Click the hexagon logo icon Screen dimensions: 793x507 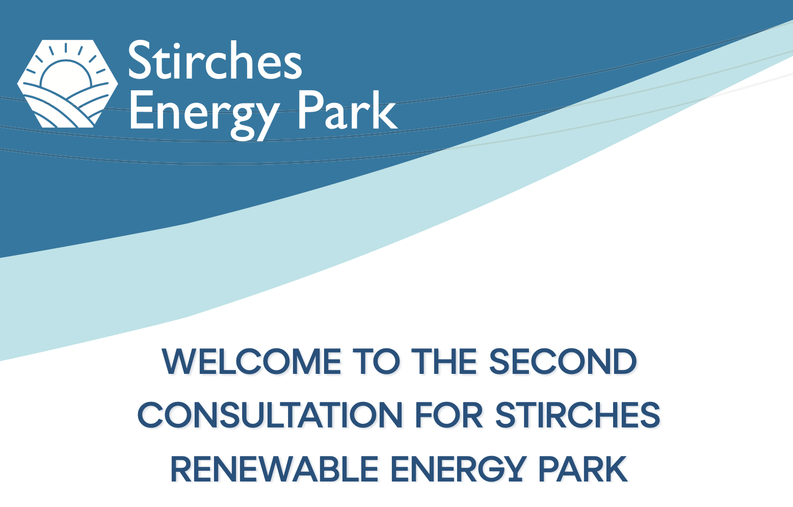point(67,84)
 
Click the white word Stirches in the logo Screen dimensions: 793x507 point(215,60)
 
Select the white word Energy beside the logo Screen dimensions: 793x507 point(205,114)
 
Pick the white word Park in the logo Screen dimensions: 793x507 point(348,110)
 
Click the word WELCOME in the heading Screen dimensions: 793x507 point(251,362)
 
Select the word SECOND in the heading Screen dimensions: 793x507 point(563,362)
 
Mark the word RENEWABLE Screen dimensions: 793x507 point(274,469)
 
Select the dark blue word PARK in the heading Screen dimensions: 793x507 point(583,469)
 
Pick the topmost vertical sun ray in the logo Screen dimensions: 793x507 point(66,47)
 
